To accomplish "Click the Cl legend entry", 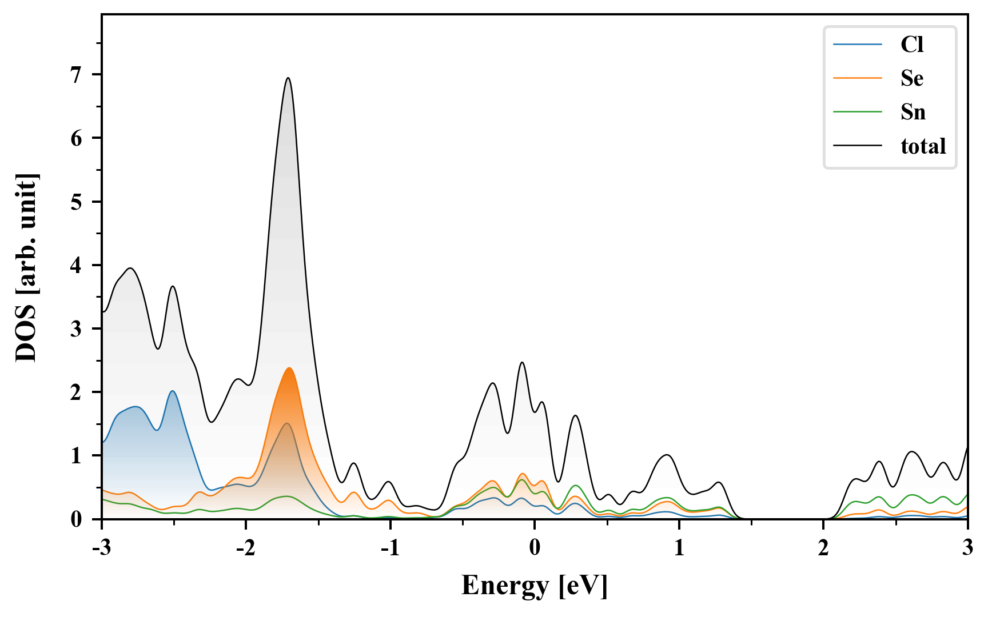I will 912,45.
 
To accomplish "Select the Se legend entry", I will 912,78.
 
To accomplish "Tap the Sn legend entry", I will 913,112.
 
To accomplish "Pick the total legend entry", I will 923,146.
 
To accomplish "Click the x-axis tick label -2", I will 245,547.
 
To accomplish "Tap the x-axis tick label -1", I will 389,547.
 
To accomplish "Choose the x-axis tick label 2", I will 823,547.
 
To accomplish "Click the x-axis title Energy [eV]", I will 535,586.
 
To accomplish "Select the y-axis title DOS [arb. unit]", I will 26,267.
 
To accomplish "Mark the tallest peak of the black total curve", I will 288,78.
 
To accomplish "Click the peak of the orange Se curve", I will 289,368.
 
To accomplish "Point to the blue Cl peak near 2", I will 172,391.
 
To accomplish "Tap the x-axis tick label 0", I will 535,547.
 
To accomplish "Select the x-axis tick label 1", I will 679,547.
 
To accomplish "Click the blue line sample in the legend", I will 857,45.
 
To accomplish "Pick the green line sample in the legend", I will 857,112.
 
